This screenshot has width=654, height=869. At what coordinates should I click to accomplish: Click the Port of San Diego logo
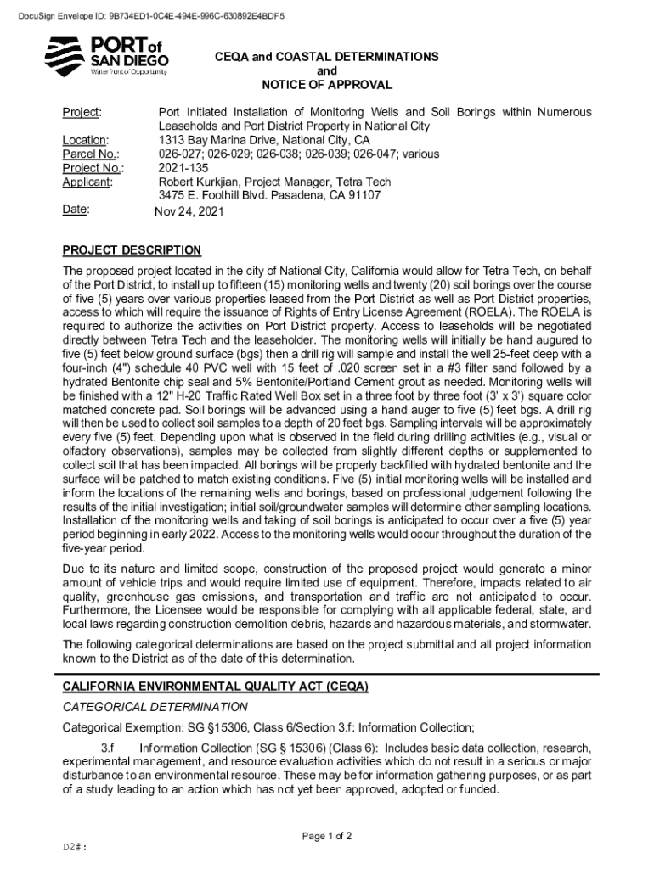point(106,56)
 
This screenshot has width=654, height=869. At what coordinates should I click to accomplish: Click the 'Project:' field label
point(82,113)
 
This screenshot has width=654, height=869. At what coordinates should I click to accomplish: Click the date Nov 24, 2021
point(189,211)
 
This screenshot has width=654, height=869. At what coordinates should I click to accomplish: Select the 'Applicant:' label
point(88,182)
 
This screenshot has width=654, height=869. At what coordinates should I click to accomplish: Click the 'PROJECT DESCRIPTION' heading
point(132,250)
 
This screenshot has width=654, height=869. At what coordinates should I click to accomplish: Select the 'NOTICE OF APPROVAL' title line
point(327,85)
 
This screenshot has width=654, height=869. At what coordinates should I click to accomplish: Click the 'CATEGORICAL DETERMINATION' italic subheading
point(155,707)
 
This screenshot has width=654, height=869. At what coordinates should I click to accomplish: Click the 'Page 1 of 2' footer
point(327,836)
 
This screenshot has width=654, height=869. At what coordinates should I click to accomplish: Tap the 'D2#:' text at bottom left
point(76,848)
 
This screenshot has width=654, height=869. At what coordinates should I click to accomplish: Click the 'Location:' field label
point(85,140)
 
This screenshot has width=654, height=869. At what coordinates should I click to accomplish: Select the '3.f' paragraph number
point(108,748)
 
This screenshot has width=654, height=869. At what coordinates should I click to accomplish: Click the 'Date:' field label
point(77,209)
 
